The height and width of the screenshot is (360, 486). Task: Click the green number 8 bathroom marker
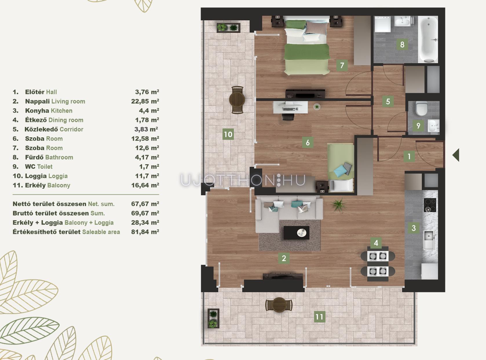click(x=402, y=45)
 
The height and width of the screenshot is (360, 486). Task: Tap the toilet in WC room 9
click(x=422, y=108)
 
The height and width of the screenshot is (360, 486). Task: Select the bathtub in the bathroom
click(x=428, y=39)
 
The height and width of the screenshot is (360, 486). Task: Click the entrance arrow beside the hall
click(x=456, y=155)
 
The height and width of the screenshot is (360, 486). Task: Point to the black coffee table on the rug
click(x=297, y=233)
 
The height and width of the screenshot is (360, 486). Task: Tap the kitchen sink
click(x=429, y=240)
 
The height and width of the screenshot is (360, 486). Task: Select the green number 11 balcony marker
click(x=319, y=317)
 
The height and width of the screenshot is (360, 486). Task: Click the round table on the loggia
click(x=237, y=100)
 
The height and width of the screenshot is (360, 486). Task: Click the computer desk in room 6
click(x=290, y=107)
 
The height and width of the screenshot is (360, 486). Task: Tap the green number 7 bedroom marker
click(x=342, y=65)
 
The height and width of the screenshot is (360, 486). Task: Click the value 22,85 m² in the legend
click(x=145, y=101)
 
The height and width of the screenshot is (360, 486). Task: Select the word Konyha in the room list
click(x=37, y=110)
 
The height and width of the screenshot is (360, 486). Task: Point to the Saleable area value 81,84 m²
click(x=145, y=232)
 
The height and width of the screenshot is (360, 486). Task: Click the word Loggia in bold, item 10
click(x=36, y=176)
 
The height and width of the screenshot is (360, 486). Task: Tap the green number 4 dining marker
click(x=376, y=243)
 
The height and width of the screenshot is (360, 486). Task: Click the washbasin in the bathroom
click(x=402, y=21)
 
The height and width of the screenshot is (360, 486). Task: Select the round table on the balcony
click(x=279, y=305)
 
